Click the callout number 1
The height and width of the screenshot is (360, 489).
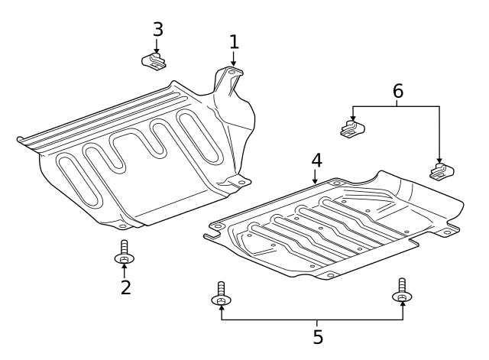pos(235,41)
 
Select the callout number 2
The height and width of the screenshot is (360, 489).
pos(125,287)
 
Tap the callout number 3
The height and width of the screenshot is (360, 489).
pos(157,29)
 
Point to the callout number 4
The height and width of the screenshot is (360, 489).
pos(316,161)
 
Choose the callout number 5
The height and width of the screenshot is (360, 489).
pos(317,337)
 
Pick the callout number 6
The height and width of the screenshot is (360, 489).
pos(397,92)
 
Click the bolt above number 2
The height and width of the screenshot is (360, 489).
pos(124,255)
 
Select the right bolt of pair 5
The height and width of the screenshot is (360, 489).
pos(402,291)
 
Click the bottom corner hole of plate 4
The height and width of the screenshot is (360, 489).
pos(329,274)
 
